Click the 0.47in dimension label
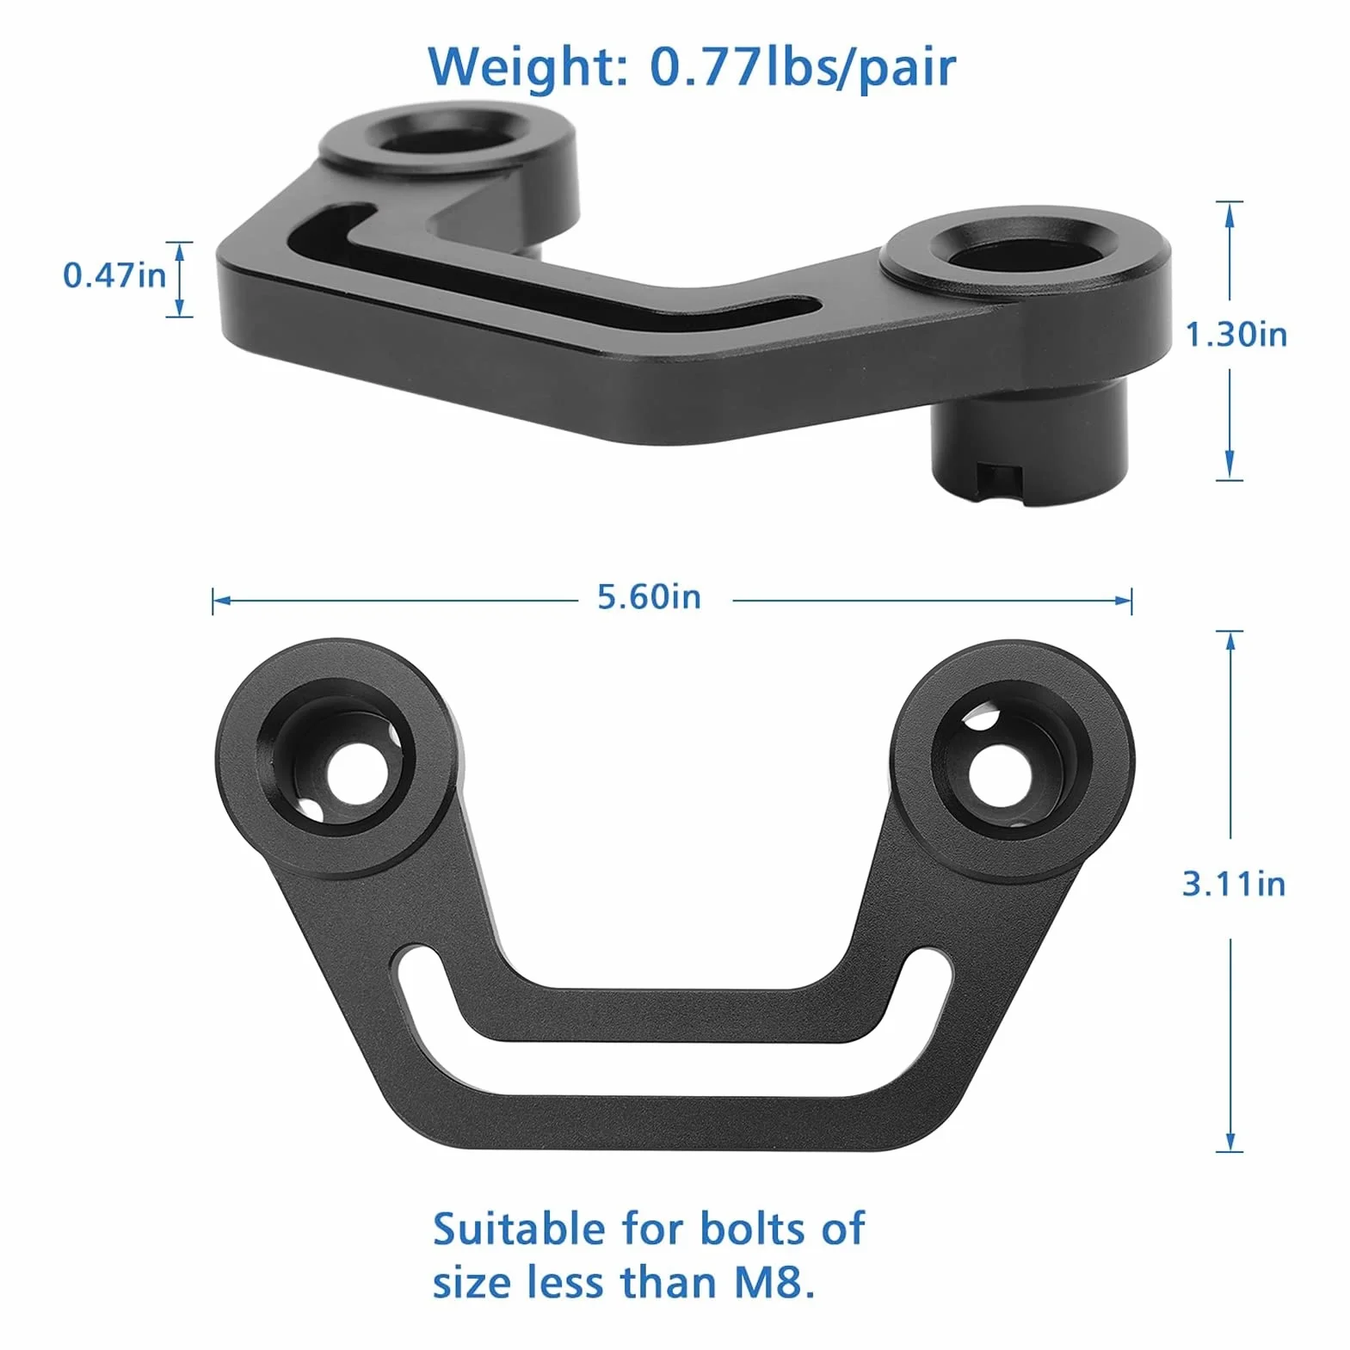point(114,275)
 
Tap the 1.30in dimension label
point(1236,334)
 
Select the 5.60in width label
point(649,596)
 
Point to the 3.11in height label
point(1234,884)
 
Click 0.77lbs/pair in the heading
point(802,66)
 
